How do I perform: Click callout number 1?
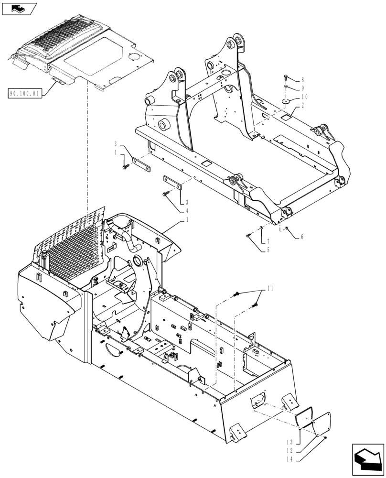coord(187,219)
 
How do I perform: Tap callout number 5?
coord(268,250)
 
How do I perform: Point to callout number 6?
coord(302,237)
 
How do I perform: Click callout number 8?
coord(302,80)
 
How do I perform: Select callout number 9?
coord(302,88)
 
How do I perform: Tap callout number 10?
coord(304,97)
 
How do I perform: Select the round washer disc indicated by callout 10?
coord(287,101)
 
